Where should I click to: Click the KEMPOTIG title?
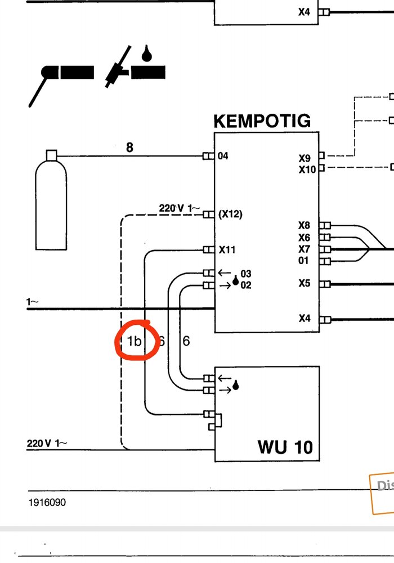pos(262,121)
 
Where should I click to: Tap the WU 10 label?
pos(285,447)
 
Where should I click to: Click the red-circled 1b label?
pos(134,341)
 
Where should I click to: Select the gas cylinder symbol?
pos(51,203)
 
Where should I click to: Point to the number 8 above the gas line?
pos(129,148)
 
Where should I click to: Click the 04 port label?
pos(223,156)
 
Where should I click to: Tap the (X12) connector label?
pos(230,215)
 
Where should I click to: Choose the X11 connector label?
pos(227,249)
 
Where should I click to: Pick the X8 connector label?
pos(305,226)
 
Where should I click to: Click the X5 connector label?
pos(305,283)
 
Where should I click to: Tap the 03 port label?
pos(245,274)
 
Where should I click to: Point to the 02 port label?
pos(245,285)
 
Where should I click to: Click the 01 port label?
pos(305,261)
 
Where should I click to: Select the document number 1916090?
pos(47,502)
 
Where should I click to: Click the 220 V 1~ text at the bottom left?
pos(47,443)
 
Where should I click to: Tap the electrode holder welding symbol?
pos(62,79)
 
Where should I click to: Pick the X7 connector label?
pos(305,249)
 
